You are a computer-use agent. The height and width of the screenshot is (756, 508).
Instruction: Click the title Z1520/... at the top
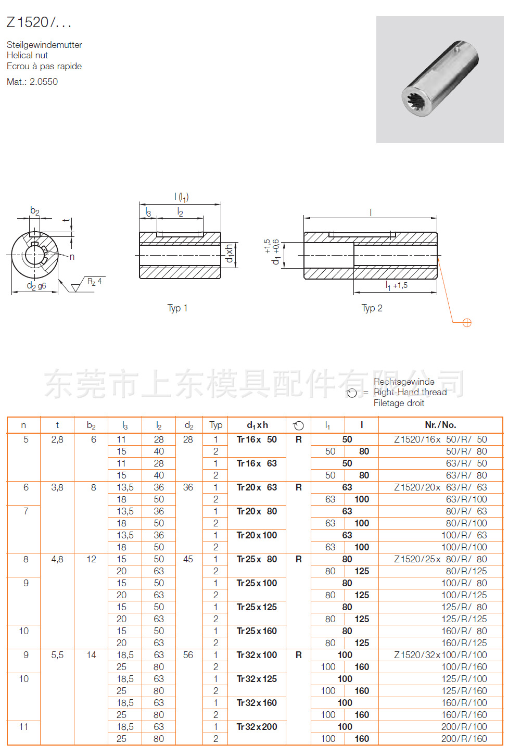[39, 22]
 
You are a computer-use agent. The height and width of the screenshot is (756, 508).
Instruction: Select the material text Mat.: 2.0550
[32, 82]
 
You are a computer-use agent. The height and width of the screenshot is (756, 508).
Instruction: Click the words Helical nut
[27, 55]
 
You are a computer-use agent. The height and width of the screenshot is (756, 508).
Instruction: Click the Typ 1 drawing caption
[177, 308]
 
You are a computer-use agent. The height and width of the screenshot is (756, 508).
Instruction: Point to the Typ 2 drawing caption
[372, 308]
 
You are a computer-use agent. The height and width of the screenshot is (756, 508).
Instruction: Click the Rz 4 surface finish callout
[94, 282]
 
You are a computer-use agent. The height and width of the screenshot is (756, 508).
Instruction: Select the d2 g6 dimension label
[36, 286]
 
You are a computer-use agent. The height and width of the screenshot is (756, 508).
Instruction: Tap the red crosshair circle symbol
[467, 323]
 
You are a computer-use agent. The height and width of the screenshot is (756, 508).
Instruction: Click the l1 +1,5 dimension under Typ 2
[396, 285]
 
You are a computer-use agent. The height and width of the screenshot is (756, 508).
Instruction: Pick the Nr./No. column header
[440, 425]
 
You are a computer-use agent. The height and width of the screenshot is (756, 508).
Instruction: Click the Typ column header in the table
[215, 425]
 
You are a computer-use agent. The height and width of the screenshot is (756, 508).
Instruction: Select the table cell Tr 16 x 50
[257, 439]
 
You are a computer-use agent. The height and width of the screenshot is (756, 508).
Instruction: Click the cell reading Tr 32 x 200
[257, 727]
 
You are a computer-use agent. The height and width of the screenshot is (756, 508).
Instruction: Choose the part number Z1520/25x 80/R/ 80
[440, 559]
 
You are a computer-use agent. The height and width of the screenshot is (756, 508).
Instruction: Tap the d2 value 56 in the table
[188, 655]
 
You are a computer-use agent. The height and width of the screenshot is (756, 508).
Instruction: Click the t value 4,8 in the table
[57, 559]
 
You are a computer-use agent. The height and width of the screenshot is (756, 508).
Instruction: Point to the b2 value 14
[91, 655]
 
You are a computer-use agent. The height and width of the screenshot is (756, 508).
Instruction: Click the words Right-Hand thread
[410, 392]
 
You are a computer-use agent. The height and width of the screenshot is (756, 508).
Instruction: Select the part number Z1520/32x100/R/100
[440, 655]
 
